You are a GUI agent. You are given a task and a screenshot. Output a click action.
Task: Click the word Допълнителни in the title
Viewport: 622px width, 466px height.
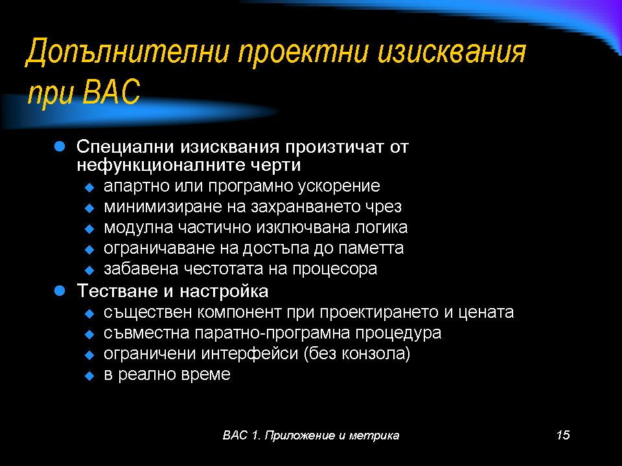[x=128, y=52]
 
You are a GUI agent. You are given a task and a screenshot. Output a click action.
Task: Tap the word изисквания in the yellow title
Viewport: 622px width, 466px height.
[x=452, y=52]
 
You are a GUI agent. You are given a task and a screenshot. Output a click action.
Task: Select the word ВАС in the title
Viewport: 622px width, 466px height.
[x=112, y=91]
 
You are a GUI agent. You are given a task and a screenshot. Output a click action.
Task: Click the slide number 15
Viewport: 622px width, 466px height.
[x=563, y=435]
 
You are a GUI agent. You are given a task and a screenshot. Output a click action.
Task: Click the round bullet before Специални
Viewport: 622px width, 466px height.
[x=60, y=147]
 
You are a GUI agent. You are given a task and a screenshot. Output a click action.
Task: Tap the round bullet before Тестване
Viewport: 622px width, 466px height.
[x=60, y=291]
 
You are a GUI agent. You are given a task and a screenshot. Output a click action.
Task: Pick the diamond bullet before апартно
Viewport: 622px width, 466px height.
[x=89, y=188]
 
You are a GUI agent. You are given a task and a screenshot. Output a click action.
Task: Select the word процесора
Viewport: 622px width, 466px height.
[x=335, y=269]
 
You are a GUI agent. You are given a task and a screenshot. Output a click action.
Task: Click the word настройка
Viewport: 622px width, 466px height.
[x=224, y=291]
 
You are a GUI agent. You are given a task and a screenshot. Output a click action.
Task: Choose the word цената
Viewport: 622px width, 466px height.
[x=486, y=312]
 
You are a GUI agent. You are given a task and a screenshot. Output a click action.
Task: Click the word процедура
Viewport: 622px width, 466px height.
[x=398, y=333]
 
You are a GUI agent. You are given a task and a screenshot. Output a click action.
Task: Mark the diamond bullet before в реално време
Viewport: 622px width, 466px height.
[x=89, y=375]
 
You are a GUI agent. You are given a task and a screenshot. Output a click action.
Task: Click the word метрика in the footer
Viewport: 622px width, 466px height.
[x=374, y=436]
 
